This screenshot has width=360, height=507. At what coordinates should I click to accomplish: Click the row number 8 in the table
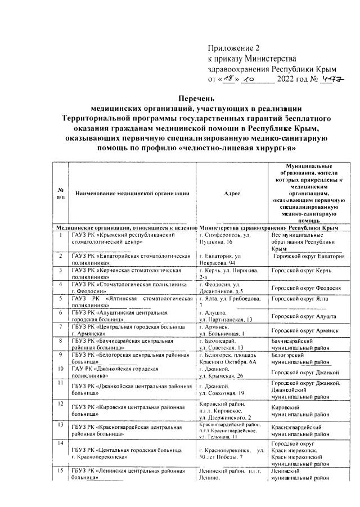click(x=60, y=341)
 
